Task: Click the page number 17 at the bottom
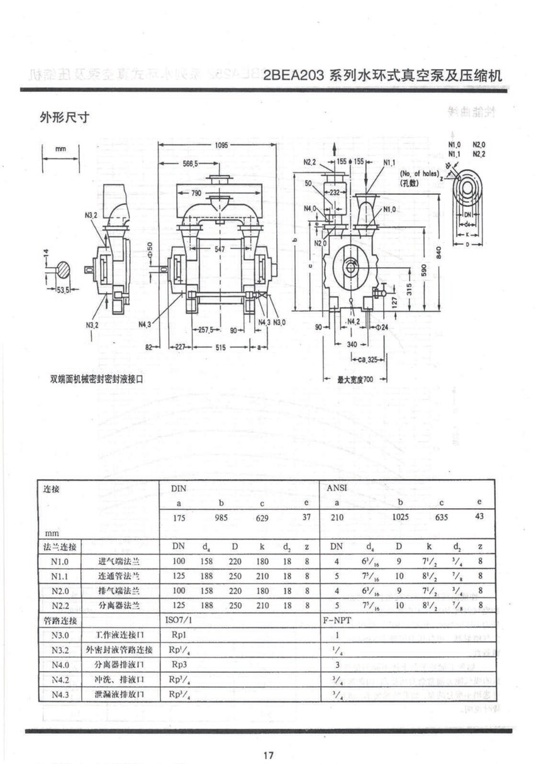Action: click(269, 755)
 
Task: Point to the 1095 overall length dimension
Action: click(221, 145)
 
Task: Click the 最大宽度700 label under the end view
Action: click(355, 380)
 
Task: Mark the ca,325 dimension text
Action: click(363, 360)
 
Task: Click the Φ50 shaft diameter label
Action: click(150, 248)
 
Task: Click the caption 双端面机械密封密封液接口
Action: click(97, 379)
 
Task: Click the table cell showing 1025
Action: click(400, 518)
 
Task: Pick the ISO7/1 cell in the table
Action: click(179, 620)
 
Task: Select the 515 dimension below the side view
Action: click(221, 346)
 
